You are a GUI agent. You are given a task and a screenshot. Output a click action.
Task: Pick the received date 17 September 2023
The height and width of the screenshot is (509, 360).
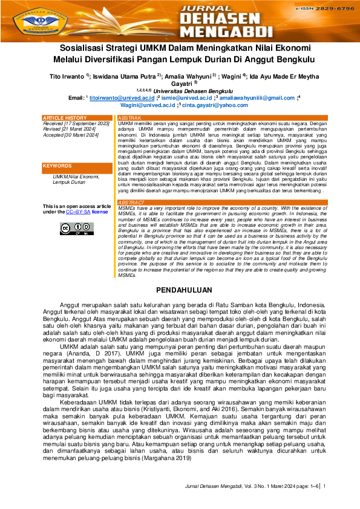click(x=87, y=123)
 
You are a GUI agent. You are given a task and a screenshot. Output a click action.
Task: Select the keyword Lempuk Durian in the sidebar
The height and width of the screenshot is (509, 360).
click(x=69, y=181)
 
